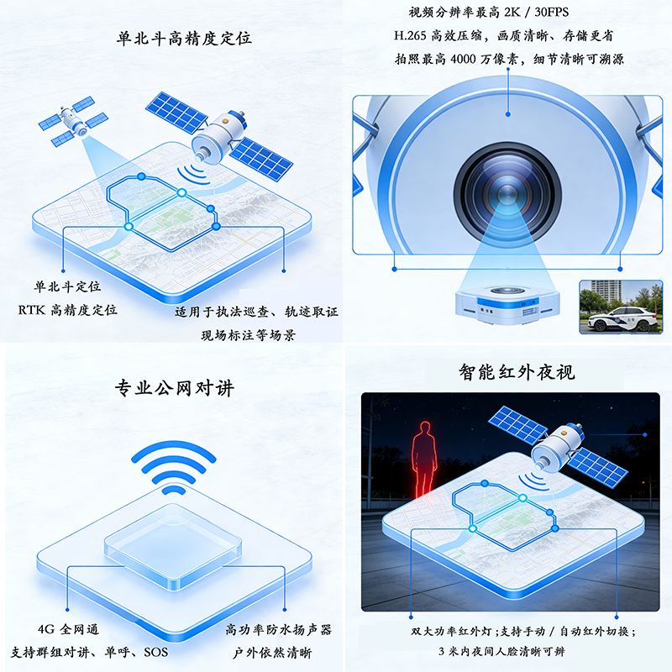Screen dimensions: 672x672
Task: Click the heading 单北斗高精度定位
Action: pyautogui.click(x=184, y=39)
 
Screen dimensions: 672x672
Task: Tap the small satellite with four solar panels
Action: pyautogui.click(x=73, y=121)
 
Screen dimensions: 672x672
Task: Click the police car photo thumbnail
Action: pyautogui.click(x=621, y=307)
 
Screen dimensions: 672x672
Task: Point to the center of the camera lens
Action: pyautogui.click(x=507, y=192)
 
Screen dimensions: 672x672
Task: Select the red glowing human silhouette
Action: pyautogui.click(x=424, y=459)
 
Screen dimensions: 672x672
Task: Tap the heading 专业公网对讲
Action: pyautogui.click(x=175, y=388)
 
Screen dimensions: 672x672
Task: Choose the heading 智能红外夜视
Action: pyautogui.click(x=517, y=371)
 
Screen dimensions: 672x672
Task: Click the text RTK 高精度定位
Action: pyautogui.click(x=68, y=310)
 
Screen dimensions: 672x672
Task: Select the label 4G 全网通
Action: pyautogui.click(x=69, y=629)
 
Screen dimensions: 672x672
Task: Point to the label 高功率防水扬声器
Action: pyautogui.click(x=279, y=629)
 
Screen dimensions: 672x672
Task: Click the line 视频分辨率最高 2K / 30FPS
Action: pyautogui.click(x=489, y=12)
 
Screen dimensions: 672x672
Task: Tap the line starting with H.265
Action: pyautogui.click(x=503, y=35)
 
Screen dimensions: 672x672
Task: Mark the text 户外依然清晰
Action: pyautogui.click(x=272, y=653)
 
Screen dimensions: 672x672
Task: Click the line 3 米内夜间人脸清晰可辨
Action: pyautogui.click(x=501, y=652)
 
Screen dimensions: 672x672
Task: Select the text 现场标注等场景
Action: pyautogui.click(x=249, y=335)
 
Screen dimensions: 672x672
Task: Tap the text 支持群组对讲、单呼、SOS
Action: pyautogui.click(x=90, y=653)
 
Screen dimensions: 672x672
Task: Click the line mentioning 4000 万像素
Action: pyautogui.click(x=509, y=59)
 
